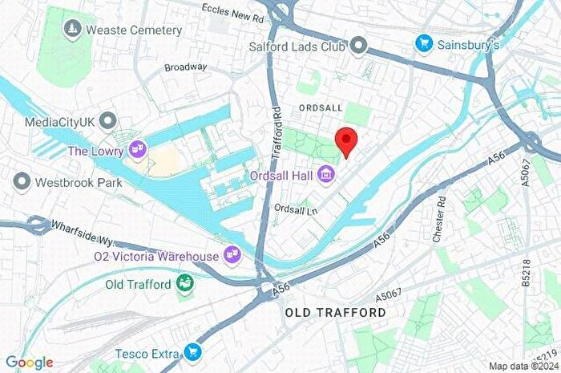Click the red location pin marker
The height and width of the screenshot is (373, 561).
pyautogui.click(x=345, y=141)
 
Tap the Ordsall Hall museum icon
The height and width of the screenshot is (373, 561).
pyautogui.click(x=325, y=173)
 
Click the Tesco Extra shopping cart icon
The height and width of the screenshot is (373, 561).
pyautogui.click(x=192, y=352)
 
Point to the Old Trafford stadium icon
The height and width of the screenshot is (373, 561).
pyautogui.click(x=185, y=284)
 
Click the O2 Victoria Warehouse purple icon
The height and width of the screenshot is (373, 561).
pyautogui.click(x=233, y=256)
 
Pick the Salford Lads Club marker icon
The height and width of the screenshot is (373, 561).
pyautogui.click(x=360, y=46)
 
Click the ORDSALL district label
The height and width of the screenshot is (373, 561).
pyautogui.click(x=321, y=107)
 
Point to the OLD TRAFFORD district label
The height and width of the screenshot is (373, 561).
pyautogui.click(x=335, y=312)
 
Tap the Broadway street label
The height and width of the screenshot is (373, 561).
pyautogui.click(x=186, y=67)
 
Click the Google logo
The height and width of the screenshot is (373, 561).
pyautogui.click(x=29, y=363)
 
